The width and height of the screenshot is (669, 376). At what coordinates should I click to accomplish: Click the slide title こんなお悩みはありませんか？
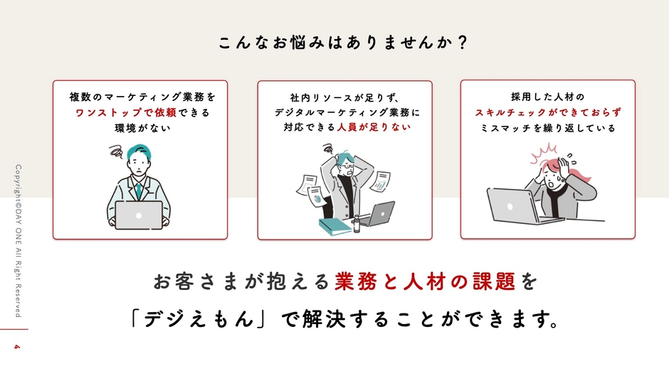(x=342, y=43)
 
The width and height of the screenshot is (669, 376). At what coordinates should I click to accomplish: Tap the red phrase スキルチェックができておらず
(x=547, y=112)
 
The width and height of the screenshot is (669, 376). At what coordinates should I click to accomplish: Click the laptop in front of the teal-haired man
(x=139, y=215)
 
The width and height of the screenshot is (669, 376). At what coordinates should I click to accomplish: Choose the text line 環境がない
(x=139, y=129)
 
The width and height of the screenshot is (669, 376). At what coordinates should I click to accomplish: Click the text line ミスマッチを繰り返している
(x=547, y=129)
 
